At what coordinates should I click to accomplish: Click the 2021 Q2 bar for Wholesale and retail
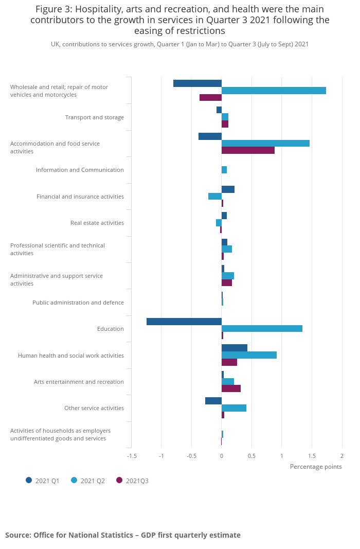(274, 91)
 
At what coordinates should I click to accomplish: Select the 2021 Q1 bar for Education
(184, 322)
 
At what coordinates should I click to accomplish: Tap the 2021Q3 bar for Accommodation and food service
(248, 150)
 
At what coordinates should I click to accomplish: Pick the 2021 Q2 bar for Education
(262, 329)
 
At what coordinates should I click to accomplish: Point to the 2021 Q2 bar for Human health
(249, 355)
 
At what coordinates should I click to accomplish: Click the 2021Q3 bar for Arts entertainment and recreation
(231, 388)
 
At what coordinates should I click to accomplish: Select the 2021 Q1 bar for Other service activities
(213, 401)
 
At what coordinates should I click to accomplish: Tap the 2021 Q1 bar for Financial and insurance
(228, 189)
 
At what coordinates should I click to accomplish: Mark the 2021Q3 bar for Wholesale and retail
(210, 98)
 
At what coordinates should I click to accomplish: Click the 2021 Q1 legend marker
(29, 480)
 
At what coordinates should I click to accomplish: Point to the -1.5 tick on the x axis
(132, 456)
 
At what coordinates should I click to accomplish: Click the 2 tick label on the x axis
(341, 456)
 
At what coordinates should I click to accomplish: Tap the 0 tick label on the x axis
(222, 456)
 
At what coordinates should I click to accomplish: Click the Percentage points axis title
(316, 467)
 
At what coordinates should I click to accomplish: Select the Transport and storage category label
(94, 117)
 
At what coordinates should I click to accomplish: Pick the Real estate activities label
(97, 223)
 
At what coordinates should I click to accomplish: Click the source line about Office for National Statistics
(123, 535)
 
